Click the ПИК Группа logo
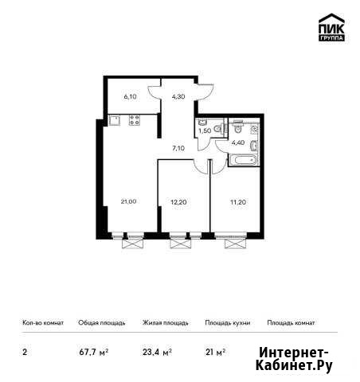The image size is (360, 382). (331, 27)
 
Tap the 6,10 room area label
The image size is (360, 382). (130, 97)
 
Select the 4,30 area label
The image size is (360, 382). (178, 97)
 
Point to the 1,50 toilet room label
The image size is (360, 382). (205, 131)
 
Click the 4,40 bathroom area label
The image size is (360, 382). (238, 142)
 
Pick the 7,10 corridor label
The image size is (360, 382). (178, 148)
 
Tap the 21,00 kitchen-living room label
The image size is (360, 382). (128, 201)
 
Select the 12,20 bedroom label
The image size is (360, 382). (178, 202)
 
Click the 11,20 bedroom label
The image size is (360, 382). (238, 202)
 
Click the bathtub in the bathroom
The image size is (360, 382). (244, 160)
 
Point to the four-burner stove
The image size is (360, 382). (135, 120)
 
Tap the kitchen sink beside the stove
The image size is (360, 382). (115, 120)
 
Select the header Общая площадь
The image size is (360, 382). (102, 323)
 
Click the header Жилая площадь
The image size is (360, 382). (166, 323)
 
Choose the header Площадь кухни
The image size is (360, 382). (228, 323)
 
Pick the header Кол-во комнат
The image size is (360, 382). (43, 323)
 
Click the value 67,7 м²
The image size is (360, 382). (94, 353)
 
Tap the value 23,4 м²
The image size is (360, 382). (158, 353)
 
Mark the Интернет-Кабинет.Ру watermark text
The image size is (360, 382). (294, 360)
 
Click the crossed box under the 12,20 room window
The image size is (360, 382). (181, 244)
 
